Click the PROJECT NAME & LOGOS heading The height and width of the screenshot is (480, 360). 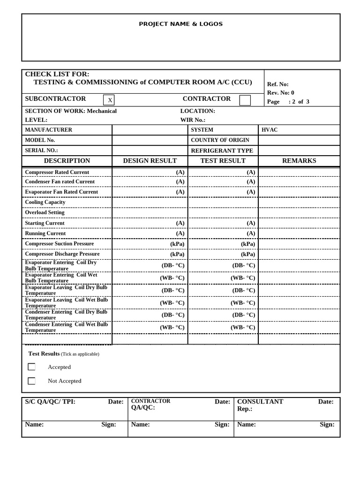point(180,24)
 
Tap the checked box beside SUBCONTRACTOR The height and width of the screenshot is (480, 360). point(109,100)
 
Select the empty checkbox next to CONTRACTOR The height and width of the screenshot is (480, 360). point(245,100)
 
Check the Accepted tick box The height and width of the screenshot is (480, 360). point(31,367)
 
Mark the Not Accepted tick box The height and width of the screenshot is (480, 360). point(31,381)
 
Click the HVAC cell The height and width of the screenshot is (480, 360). point(270,130)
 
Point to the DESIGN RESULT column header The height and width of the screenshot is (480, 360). point(150,161)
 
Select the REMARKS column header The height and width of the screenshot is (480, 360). point(299,161)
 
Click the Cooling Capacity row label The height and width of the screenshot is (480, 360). point(45,202)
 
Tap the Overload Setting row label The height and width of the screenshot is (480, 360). point(45,212)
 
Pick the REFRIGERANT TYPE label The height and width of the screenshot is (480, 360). point(222,150)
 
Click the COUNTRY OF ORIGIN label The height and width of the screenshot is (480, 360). point(220,140)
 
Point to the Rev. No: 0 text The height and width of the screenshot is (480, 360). point(280,93)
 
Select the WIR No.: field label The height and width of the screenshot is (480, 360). point(193,120)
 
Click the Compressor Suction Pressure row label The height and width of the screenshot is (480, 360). point(59,244)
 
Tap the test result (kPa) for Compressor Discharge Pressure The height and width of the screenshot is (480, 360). point(248,254)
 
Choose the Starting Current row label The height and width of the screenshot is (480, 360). point(45,223)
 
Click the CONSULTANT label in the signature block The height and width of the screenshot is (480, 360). point(260,402)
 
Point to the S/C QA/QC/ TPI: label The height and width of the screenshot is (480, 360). point(50,402)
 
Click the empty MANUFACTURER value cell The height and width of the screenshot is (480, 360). point(150,130)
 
